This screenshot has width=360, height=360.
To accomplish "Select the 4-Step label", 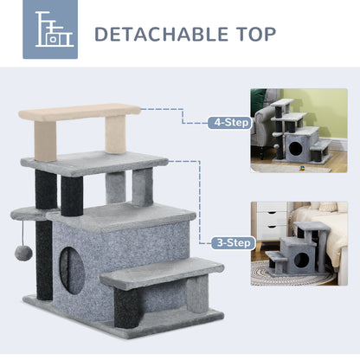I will point(228,122).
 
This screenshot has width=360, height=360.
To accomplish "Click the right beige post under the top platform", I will point(115,133).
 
